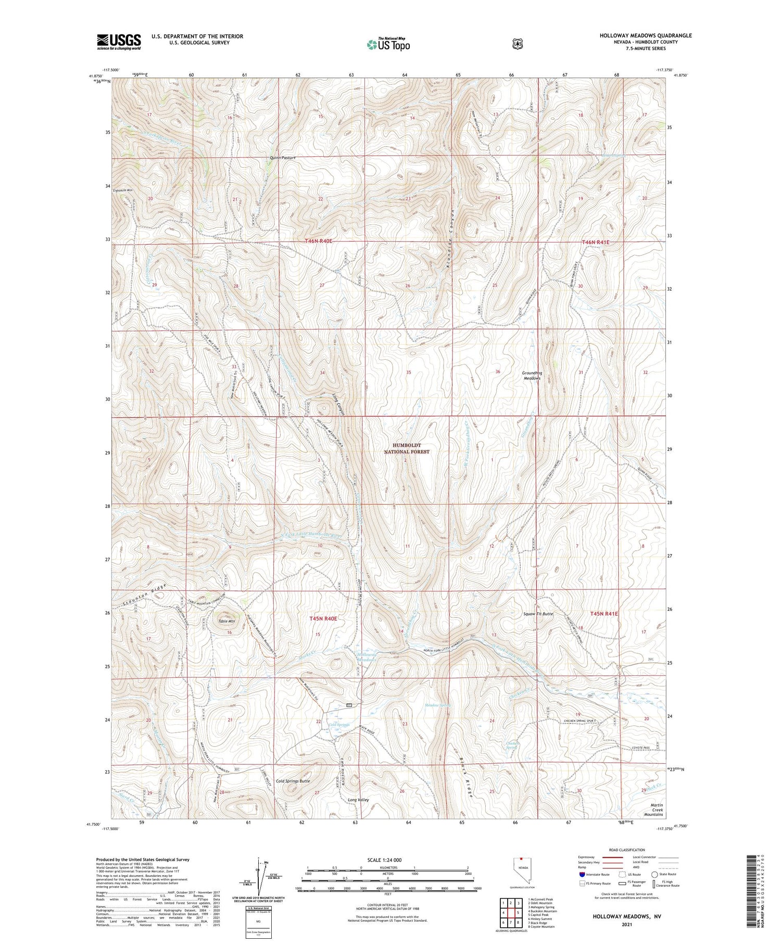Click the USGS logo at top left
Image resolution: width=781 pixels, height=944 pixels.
[119, 42]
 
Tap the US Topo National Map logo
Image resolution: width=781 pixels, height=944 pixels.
[388, 44]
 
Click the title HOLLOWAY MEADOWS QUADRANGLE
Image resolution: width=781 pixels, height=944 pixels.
[646, 35]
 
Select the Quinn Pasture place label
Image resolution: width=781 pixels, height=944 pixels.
[283, 158]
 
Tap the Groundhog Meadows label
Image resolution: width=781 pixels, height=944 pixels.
[531, 375]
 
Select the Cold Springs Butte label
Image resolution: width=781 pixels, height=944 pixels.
[293, 781]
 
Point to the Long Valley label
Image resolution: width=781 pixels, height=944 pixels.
[358, 799]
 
